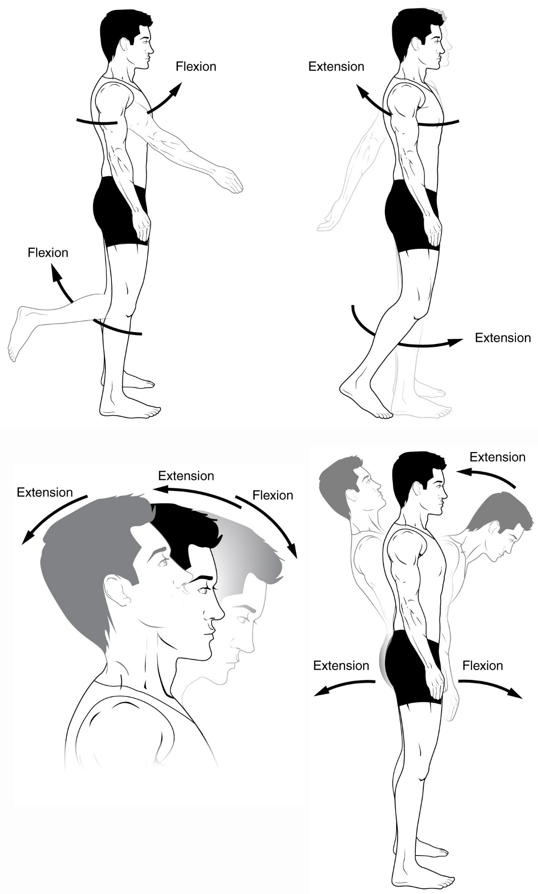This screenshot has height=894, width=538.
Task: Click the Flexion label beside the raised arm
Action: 196,67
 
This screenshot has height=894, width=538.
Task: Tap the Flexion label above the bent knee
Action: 48,253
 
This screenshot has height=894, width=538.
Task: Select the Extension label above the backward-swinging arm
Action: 336,67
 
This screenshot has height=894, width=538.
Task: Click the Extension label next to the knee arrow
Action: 502,338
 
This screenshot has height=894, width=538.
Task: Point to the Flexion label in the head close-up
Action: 273,495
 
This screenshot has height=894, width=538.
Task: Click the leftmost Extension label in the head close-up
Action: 44,492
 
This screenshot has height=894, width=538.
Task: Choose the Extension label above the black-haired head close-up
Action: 186,476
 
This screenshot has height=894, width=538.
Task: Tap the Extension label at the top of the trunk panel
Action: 497,457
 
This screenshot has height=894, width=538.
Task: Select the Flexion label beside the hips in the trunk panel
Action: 482,665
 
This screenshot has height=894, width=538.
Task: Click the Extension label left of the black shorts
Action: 341,665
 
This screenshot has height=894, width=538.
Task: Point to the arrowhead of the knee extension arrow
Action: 457,342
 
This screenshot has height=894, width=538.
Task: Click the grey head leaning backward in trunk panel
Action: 349,483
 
